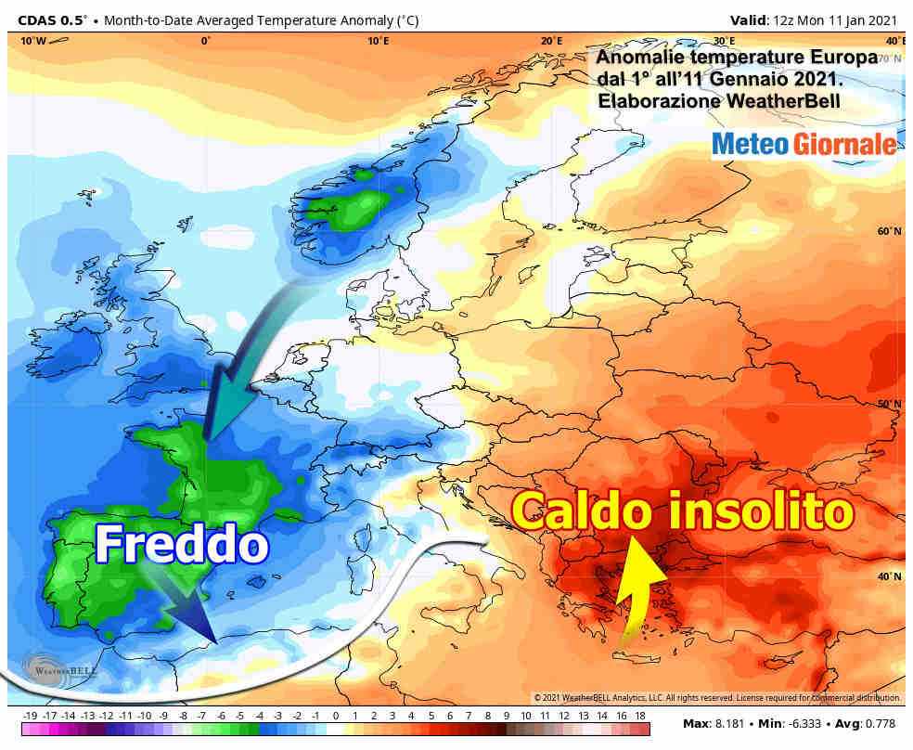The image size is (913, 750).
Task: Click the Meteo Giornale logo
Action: (x=804, y=144)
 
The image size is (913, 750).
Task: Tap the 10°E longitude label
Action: (x=378, y=41)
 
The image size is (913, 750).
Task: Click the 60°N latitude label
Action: (x=889, y=231)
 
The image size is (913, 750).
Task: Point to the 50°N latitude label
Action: (x=889, y=404)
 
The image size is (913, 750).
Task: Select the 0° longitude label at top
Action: (x=205, y=41)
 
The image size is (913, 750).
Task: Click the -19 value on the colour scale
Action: (x=29, y=716)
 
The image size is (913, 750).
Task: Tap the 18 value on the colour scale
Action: (x=639, y=716)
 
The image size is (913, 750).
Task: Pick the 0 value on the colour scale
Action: (x=335, y=716)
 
